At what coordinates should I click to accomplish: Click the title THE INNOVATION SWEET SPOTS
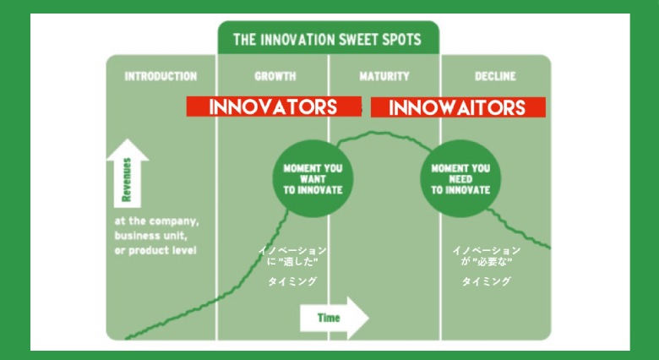pyautogui.click(x=327, y=40)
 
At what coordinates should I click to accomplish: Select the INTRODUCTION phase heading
pyautogui.click(x=161, y=77)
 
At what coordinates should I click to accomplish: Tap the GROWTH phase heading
pyautogui.click(x=275, y=77)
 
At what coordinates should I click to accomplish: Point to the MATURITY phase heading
pyautogui.click(x=384, y=77)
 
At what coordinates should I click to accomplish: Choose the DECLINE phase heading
pyautogui.click(x=495, y=77)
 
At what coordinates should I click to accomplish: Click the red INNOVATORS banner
pyautogui.click(x=274, y=106)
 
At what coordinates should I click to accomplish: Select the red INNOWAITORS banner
pyautogui.click(x=458, y=107)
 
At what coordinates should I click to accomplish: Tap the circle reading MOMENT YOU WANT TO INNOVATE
pyautogui.click(x=313, y=179)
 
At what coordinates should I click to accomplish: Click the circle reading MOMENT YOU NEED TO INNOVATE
pyautogui.click(x=460, y=179)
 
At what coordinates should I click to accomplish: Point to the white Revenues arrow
pyautogui.click(x=127, y=173)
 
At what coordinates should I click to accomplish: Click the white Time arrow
pyautogui.click(x=334, y=318)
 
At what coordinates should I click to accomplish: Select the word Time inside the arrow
pyautogui.click(x=329, y=318)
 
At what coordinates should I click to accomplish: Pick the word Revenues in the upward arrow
pyautogui.click(x=127, y=180)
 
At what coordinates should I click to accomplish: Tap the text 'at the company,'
pyautogui.click(x=157, y=221)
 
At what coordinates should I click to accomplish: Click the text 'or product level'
pyautogui.click(x=155, y=250)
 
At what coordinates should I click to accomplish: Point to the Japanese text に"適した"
pyautogui.click(x=292, y=262)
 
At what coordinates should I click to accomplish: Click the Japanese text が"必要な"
pyautogui.click(x=487, y=262)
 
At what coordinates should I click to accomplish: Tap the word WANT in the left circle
pyautogui.click(x=313, y=179)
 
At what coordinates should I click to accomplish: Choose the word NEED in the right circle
pyautogui.click(x=460, y=179)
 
